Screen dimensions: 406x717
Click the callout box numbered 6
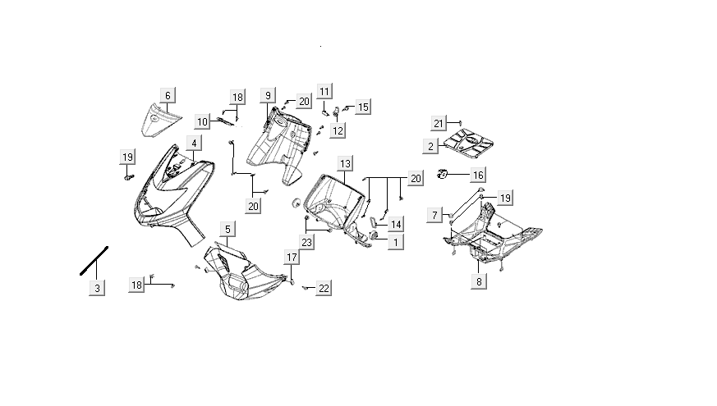coord(168,96)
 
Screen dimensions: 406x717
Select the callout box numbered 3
coord(97,288)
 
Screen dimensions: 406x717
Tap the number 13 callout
coord(345,164)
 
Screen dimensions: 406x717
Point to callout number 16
coord(478,175)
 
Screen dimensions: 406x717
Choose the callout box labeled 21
coord(439,124)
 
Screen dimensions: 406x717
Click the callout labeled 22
coord(324,288)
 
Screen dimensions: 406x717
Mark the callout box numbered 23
coord(306,242)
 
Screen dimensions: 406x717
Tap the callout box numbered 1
coord(396,242)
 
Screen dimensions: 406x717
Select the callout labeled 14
coord(396,224)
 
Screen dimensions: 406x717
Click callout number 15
coord(362,107)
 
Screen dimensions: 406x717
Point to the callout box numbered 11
coord(324,90)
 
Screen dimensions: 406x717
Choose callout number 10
coord(202,121)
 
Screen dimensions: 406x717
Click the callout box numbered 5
coord(228,227)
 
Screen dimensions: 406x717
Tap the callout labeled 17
coord(292,258)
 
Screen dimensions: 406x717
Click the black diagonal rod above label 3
coord(94,260)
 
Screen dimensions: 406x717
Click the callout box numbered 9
coord(268,96)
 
